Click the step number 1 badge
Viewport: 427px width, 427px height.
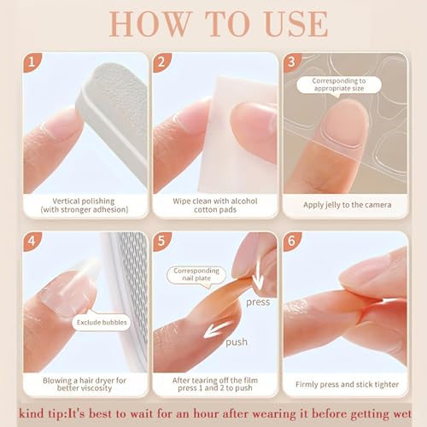31,61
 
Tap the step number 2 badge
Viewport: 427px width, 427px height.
161,61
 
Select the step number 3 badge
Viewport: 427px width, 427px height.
291,61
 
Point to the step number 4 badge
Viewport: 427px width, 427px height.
31,241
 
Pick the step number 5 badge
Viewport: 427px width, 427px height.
161,241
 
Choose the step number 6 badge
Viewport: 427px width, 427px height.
291,241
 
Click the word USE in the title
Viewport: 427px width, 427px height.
296,24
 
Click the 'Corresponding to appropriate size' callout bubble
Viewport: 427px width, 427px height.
339,85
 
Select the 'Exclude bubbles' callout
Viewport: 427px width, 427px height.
102,322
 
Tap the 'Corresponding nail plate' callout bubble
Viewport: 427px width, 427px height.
196,275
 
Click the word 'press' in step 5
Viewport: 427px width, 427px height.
258,302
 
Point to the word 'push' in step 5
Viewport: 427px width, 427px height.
237,342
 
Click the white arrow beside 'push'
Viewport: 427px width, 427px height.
218,330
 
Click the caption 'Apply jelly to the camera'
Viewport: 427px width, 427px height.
347,205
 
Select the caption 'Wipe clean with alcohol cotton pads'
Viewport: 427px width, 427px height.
215,205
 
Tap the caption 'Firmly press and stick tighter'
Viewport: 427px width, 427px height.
347,384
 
